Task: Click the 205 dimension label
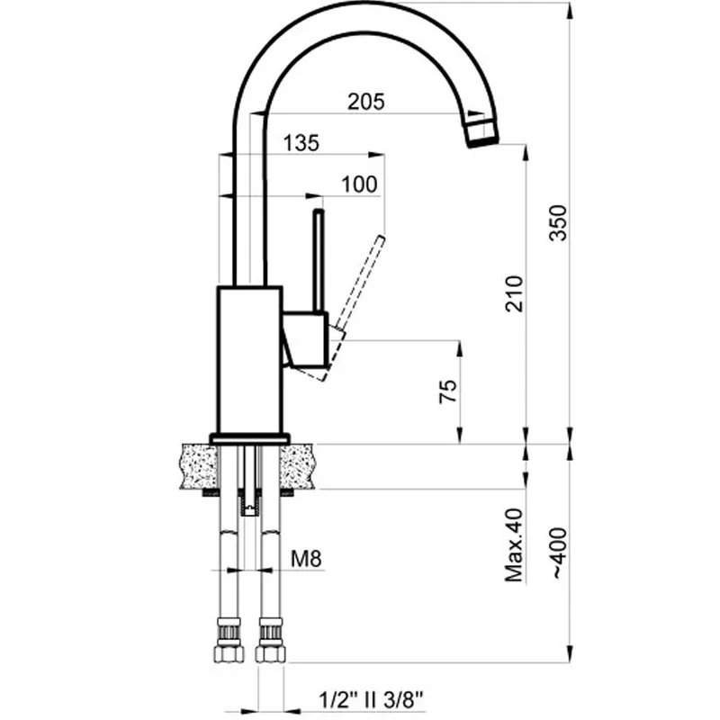pyautogui.click(x=366, y=102)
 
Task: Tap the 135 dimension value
pyautogui.click(x=301, y=143)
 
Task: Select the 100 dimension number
pyautogui.click(x=359, y=184)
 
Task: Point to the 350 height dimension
pyautogui.click(x=558, y=222)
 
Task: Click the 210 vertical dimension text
pyautogui.click(x=514, y=294)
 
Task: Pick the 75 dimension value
pyautogui.click(x=448, y=391)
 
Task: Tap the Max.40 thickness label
pyautogui.click(x=514, y=545)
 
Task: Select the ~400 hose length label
pyautogui.click(x=559, y=553)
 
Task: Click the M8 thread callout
pyautogui.click(x=306, y=559)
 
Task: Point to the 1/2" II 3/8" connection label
pyautogui.click(x=371, y=700)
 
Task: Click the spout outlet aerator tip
pyautogui.click(x=482, y=132)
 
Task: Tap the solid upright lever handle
pyautogui.click(x=319, y=261)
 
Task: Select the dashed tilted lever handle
pyautogui.click(x=361, y=283)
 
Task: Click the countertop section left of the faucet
pyautogui.click(x=200, y=466)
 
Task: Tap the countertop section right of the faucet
pyautogui.click(x=298, y=466)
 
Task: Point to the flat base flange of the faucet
pyautogui.click(x=250, y=438)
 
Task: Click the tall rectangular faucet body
pyautogui.click(x=250, y=359)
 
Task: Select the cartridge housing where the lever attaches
pyautogui.click(x=306, y=340)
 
